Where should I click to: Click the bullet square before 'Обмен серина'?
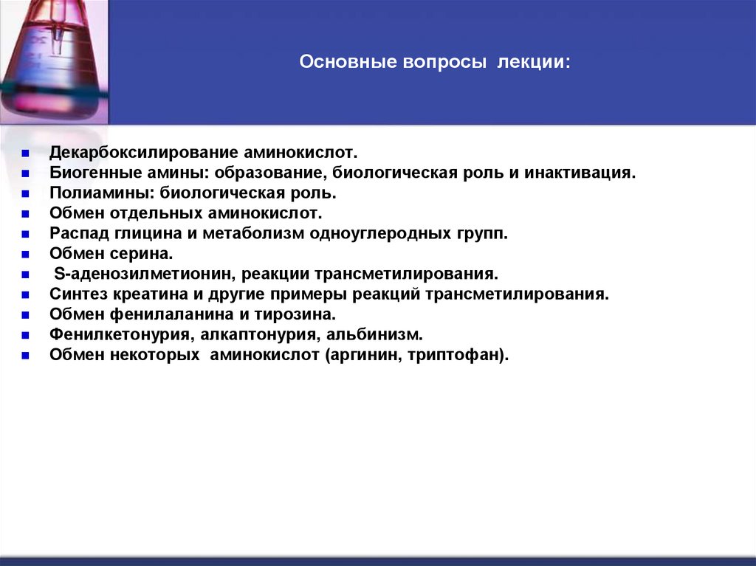[24, 255]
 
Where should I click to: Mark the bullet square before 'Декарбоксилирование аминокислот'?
[24, 155]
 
